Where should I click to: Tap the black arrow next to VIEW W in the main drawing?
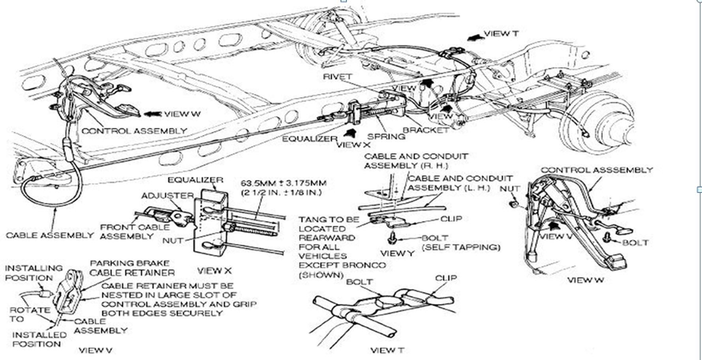(152, 114)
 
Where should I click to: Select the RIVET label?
(337, 77)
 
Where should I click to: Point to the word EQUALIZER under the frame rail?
(310, 139)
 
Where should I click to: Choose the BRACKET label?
(426, 130)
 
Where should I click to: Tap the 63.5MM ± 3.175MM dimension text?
(283, 184)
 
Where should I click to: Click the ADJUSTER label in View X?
(167, 196)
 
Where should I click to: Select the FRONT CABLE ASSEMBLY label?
(134, 232)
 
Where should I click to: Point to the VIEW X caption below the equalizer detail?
(214, 271)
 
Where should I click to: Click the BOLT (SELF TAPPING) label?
(461, 243)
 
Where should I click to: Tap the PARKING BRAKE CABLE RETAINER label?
(132, 268)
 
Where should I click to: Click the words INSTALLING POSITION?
(34, 273)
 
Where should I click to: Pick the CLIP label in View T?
(446, 278)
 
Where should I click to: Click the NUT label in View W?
(510, 189)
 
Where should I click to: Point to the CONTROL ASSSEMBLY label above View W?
(596, 170)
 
